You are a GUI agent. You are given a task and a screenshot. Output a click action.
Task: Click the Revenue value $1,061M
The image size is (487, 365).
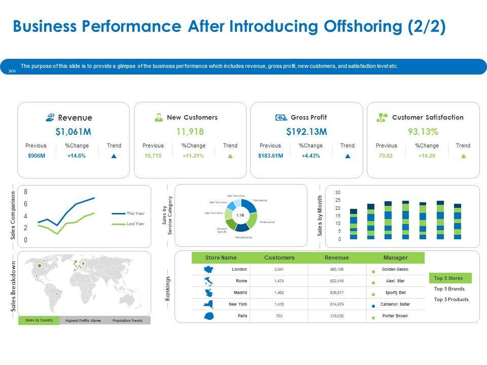(x=74, y=132)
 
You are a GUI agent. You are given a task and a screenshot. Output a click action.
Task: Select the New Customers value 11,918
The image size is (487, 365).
(x=190, y=132)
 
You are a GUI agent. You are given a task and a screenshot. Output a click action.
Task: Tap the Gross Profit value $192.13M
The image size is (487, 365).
(x=306, y=132)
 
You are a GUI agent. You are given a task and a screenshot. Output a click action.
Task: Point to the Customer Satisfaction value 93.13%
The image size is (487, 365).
(x=423, y=132)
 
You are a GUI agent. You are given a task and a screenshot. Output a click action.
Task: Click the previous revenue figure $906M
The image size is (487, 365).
(x=37, y=156)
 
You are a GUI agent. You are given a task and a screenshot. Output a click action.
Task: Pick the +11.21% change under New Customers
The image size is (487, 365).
(x=193, y=156)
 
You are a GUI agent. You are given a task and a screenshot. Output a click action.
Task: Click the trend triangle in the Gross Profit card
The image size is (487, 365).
(x=347, y=156)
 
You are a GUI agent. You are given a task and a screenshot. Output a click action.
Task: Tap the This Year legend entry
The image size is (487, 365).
(x=135, y=213)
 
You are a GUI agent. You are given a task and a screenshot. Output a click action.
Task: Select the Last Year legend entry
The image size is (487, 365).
(x=135, y=224)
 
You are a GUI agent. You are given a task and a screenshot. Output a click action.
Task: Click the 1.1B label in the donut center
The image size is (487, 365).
(x=241, y=215)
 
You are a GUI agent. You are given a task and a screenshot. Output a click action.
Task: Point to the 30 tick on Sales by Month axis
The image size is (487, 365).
(x=338, y=193)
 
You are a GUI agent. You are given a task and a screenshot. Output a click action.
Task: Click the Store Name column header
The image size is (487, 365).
(x=221, y=258)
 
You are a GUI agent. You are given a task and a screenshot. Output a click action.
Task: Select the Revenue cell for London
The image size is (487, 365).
(x=337, y=270)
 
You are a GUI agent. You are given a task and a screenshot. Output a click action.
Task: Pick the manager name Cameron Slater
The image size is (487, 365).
(x=395, y=304)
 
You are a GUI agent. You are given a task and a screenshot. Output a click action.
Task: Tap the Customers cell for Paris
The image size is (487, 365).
(x=279, y=316)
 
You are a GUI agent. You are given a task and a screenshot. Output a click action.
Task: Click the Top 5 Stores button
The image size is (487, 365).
(x=449, y=278)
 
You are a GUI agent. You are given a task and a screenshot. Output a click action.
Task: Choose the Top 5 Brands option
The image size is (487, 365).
(x=449, y=289)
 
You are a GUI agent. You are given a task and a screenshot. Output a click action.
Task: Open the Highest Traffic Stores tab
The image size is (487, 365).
(x=83, y=321)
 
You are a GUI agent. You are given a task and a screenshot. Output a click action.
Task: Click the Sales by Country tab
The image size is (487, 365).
(x=39, y=320)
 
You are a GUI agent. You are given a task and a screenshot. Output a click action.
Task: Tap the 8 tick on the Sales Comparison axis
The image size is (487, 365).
(x=26, y=192)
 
